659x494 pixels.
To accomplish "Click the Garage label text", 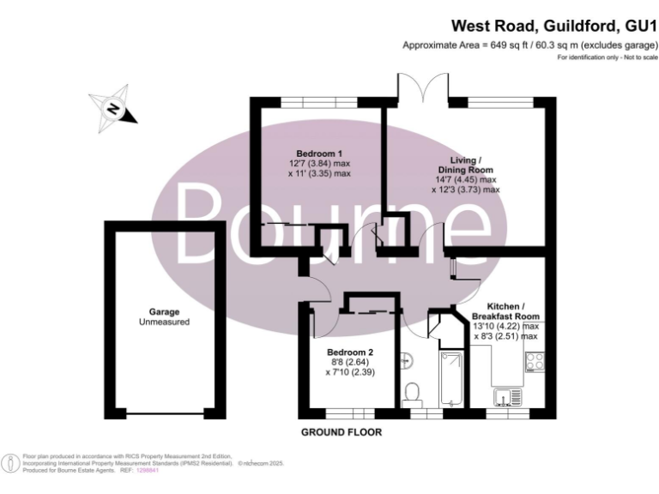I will [163, 316].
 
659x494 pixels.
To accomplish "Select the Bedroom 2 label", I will [350, 352].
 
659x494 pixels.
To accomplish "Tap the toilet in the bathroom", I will [412, 393].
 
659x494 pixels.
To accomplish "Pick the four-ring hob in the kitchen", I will [535, 362].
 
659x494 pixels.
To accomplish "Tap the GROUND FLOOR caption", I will [342, 431].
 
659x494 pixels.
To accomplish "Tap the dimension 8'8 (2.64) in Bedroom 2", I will [350, 363].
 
